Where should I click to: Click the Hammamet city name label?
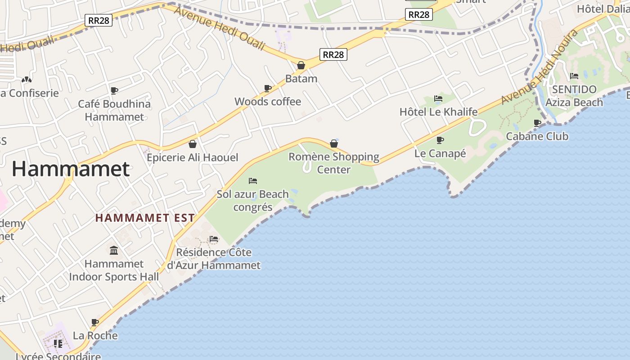click(x=71, y=169)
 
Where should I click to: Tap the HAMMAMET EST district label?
click(x=145, y=218)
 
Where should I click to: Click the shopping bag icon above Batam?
click(x=301, y=65)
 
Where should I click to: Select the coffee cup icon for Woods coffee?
click(x=268, y=88)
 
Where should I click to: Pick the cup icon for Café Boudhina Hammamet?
click(x=114, y=90)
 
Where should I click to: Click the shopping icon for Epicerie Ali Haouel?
click(x=193, y=144)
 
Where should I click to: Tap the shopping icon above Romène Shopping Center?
click(x=334, y=144)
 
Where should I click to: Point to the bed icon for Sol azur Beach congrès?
click(x=253, y=181)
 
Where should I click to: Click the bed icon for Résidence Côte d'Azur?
click(x=214, y=239)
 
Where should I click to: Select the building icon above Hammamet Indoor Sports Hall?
click(x=114, y=250)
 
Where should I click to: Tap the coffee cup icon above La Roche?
click(x=95, y=322)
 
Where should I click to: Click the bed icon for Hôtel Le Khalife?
click(x=438, y=99)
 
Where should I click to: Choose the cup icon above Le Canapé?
click(x=440, y=140)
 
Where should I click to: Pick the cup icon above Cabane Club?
click(x=537, y=123)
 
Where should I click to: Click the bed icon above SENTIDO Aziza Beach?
click(x=574, y=76)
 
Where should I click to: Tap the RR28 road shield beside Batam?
click(x=333, y=54)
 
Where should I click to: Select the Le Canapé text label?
click(x=440, y=153)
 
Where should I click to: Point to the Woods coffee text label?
click(x=268, y=102)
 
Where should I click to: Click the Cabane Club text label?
click(x=537, y=136)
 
